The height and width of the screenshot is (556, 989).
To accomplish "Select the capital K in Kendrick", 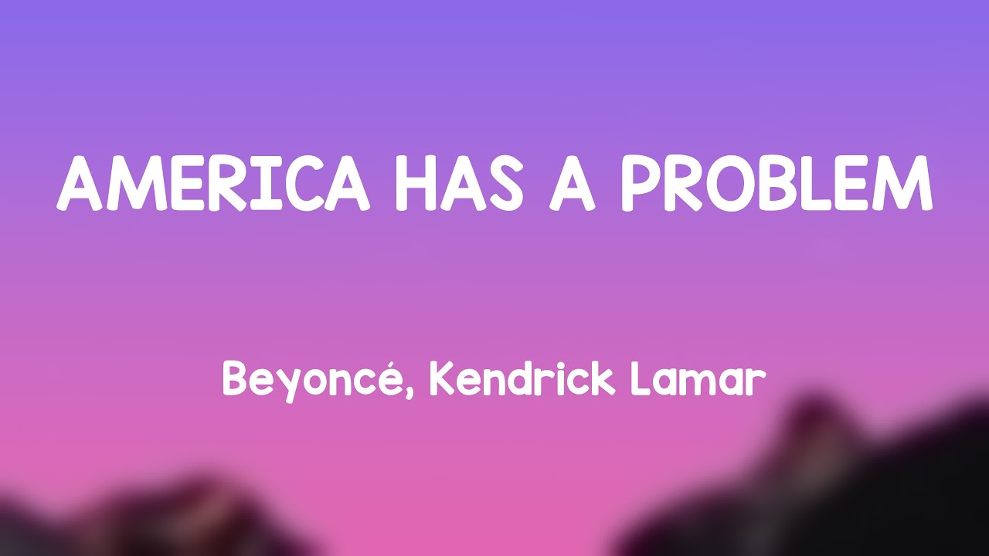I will (x=441, y=379).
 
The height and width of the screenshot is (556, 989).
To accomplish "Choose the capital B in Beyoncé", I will (x=235, y=379).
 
